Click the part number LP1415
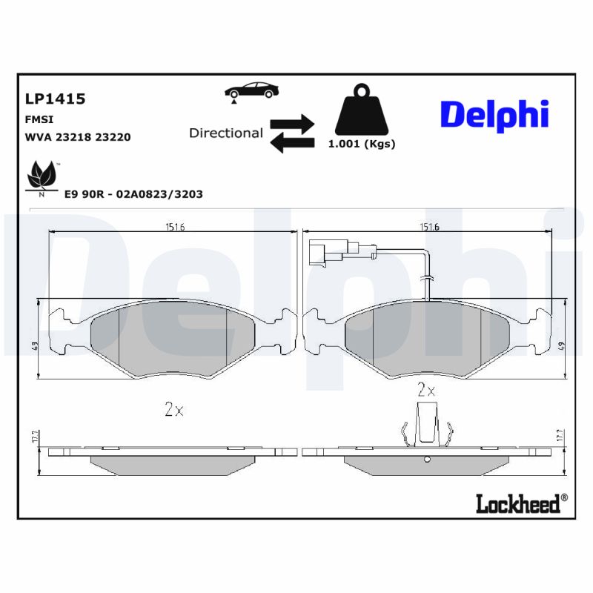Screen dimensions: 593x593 (x=55, y=99)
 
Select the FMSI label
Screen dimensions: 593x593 (x=39, y=119)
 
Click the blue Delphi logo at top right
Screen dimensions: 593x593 (x=494, y=115)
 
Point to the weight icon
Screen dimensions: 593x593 (x=362, y=110)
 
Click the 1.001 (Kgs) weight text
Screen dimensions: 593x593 (x=362, y=144)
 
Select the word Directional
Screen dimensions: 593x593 (x=226, y=133)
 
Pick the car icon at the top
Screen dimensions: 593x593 (x=252, y=90)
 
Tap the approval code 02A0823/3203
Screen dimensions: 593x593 (x=155, y=193)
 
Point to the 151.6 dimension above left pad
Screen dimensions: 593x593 (x=175, y=227)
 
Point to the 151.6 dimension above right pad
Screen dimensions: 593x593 (x=428, y=227)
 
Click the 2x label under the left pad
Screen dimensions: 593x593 (x=173, y=409)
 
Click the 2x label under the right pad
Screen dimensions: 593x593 (x=426, y=388)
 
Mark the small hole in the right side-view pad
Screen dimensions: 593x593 (x=426, y=460)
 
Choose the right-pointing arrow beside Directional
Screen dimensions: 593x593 (x=293, y=122)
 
